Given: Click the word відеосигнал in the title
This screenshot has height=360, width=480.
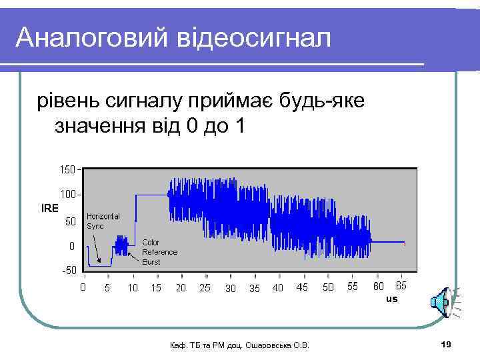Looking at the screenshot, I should (253, 38).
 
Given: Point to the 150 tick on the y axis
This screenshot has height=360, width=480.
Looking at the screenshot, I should (67, 169).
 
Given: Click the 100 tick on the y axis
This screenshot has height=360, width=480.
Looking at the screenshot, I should (67, 195).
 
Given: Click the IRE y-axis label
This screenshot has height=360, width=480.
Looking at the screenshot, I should (49, 207).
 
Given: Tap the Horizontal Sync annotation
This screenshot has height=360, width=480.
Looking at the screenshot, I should (103, 221).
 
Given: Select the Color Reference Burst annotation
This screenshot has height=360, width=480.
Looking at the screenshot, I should (159, 252).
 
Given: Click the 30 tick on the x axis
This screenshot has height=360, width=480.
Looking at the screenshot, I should (230, 289).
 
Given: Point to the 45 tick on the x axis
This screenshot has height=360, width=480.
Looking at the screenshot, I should (302, 288).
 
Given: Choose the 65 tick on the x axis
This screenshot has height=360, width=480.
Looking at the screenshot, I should (401, 287).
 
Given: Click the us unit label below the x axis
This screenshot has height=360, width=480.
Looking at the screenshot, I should (391, 299).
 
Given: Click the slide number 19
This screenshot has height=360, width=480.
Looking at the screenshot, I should (446, 343).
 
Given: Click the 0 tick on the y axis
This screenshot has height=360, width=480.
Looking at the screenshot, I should (71, 246).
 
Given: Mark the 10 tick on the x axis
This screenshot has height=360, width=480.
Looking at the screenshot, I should (133, 288).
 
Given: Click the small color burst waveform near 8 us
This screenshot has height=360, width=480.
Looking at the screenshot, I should (121, 246).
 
